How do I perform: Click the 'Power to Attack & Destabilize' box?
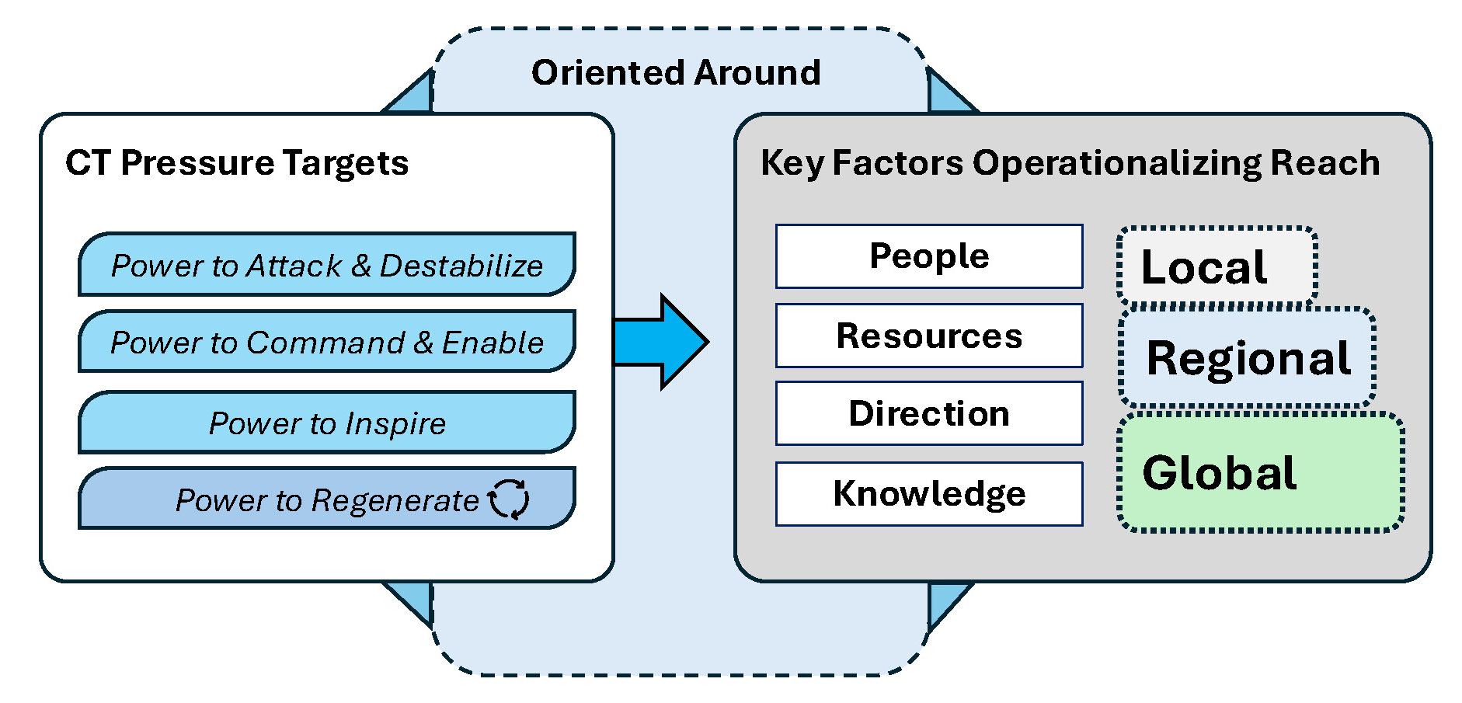coord(327,264)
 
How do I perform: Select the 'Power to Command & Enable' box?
coord(327,341)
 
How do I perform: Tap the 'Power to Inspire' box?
coord(327,422)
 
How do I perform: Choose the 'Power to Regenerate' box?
coord(327,498)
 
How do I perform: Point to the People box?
coord(929,256)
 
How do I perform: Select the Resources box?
coord(929,336)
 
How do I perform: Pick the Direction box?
coord(929,413)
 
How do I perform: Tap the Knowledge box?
coord(929,494)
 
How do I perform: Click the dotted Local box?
coord(1217,266)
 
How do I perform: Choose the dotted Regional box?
coord(1248,357)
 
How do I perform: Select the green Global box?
coord(1261,472)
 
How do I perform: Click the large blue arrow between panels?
coord(661,341)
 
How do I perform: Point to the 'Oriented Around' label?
coord(676,72)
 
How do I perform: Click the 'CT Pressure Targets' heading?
coord(237,163)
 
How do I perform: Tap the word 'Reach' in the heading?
coord(1325,163)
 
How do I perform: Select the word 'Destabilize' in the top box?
coord(461,266)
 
